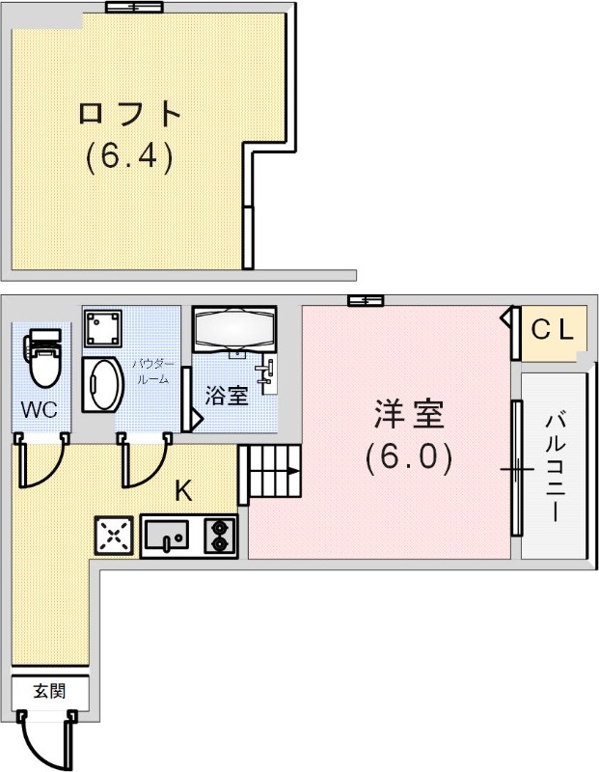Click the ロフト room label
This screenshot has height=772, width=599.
pyautogui.click(x=129, y=114)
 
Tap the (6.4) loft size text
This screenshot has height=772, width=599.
pyautogui.click(x=129, y=157)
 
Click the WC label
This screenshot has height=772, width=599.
pyautogui.click(x=40, y=410)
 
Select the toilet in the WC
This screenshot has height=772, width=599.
pyautogui.click(x=41, y=356)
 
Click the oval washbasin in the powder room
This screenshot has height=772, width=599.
pyautogui.click(x=100, y=385)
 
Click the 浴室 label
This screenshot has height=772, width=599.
pyautogui.click(x=227, y=396)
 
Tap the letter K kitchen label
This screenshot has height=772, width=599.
pyautogui.click(x=182, y=491)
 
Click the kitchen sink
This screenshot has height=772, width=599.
pyautogui.click(x=171, y=536)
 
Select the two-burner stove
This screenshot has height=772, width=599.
pyautogui.click(x=221, y=536)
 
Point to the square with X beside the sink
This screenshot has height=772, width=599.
pyautogui.click(x=113, y=536)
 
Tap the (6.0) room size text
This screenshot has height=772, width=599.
pyautogui.click(x=408, y=457)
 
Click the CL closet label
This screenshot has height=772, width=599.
pyautogui.click(x=554, y=331)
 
